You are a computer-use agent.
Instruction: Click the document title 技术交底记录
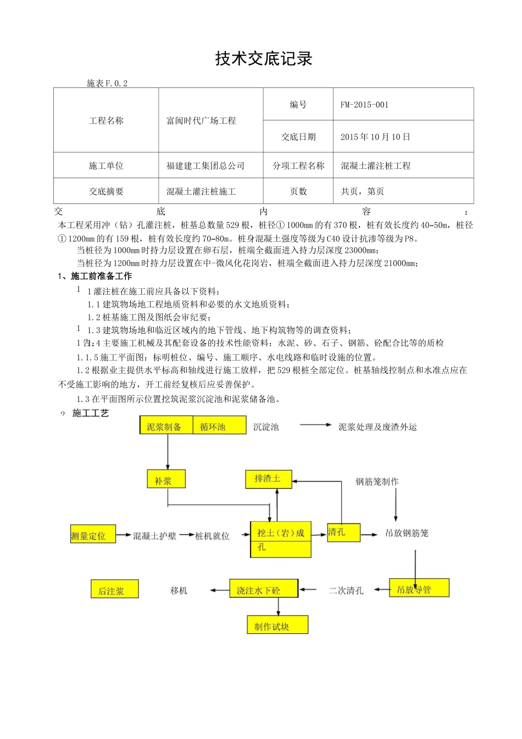click(x=264, y=59)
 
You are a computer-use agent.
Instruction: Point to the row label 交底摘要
click(x=106, y=191)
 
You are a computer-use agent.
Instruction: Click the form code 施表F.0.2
click(x=107, y=84)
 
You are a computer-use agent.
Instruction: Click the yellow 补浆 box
click(x=166, y=479)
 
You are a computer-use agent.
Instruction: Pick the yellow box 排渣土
click(x=268, y=479)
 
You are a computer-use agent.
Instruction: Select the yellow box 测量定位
click(x=93, y=535)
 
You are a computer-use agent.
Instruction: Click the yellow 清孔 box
click(x=343, y=532)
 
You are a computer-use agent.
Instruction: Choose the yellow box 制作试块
click(x=277, y=625)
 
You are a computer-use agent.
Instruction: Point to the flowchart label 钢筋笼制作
click(x=377, y=482)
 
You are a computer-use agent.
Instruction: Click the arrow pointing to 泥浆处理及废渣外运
click(x=315, y=425)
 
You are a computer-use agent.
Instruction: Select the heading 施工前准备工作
click(x=101, y=276)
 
